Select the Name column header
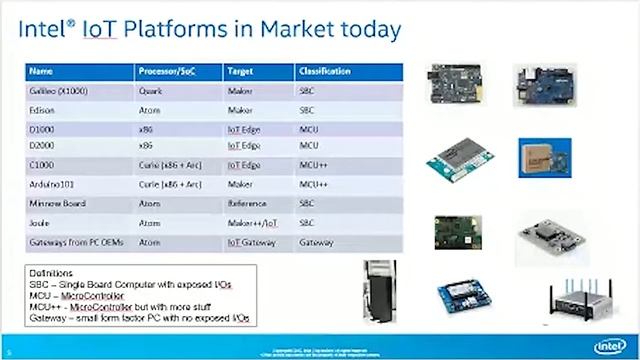coord(41,73)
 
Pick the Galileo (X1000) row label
coord(58,92)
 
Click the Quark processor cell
coord(151,92)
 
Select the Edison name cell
coord(43,109)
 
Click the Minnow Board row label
coord(55,203)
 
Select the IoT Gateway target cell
coord(252,242)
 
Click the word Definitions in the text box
coord(51,272)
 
